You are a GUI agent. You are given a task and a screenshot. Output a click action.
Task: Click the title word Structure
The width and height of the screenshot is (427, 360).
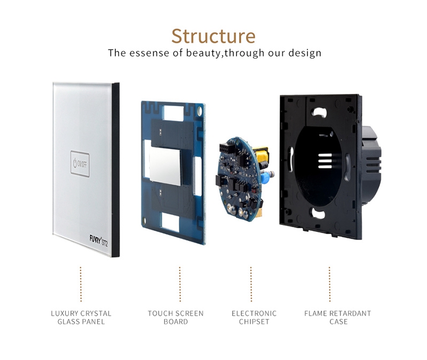coord(213,36)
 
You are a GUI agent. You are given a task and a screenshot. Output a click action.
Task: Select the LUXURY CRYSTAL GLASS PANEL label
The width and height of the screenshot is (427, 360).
coord(81,317)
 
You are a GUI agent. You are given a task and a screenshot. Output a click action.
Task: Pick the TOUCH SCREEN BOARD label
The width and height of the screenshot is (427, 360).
coord(176,317)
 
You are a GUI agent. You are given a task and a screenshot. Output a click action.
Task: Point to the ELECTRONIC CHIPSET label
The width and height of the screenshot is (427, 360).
coord(254,317)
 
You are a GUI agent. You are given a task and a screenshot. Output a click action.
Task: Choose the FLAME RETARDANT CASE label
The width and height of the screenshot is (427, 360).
coord(337,317)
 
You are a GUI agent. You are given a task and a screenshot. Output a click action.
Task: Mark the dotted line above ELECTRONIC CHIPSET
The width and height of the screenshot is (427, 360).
coord(251,284)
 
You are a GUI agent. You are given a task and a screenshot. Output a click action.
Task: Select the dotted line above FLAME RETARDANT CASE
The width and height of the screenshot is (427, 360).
coord(329,284)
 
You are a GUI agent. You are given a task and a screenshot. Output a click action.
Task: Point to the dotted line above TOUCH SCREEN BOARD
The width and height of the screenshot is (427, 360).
coord(180,284)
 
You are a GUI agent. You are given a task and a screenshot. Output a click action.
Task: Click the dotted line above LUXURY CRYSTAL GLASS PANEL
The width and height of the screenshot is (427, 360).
coord(81,284)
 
